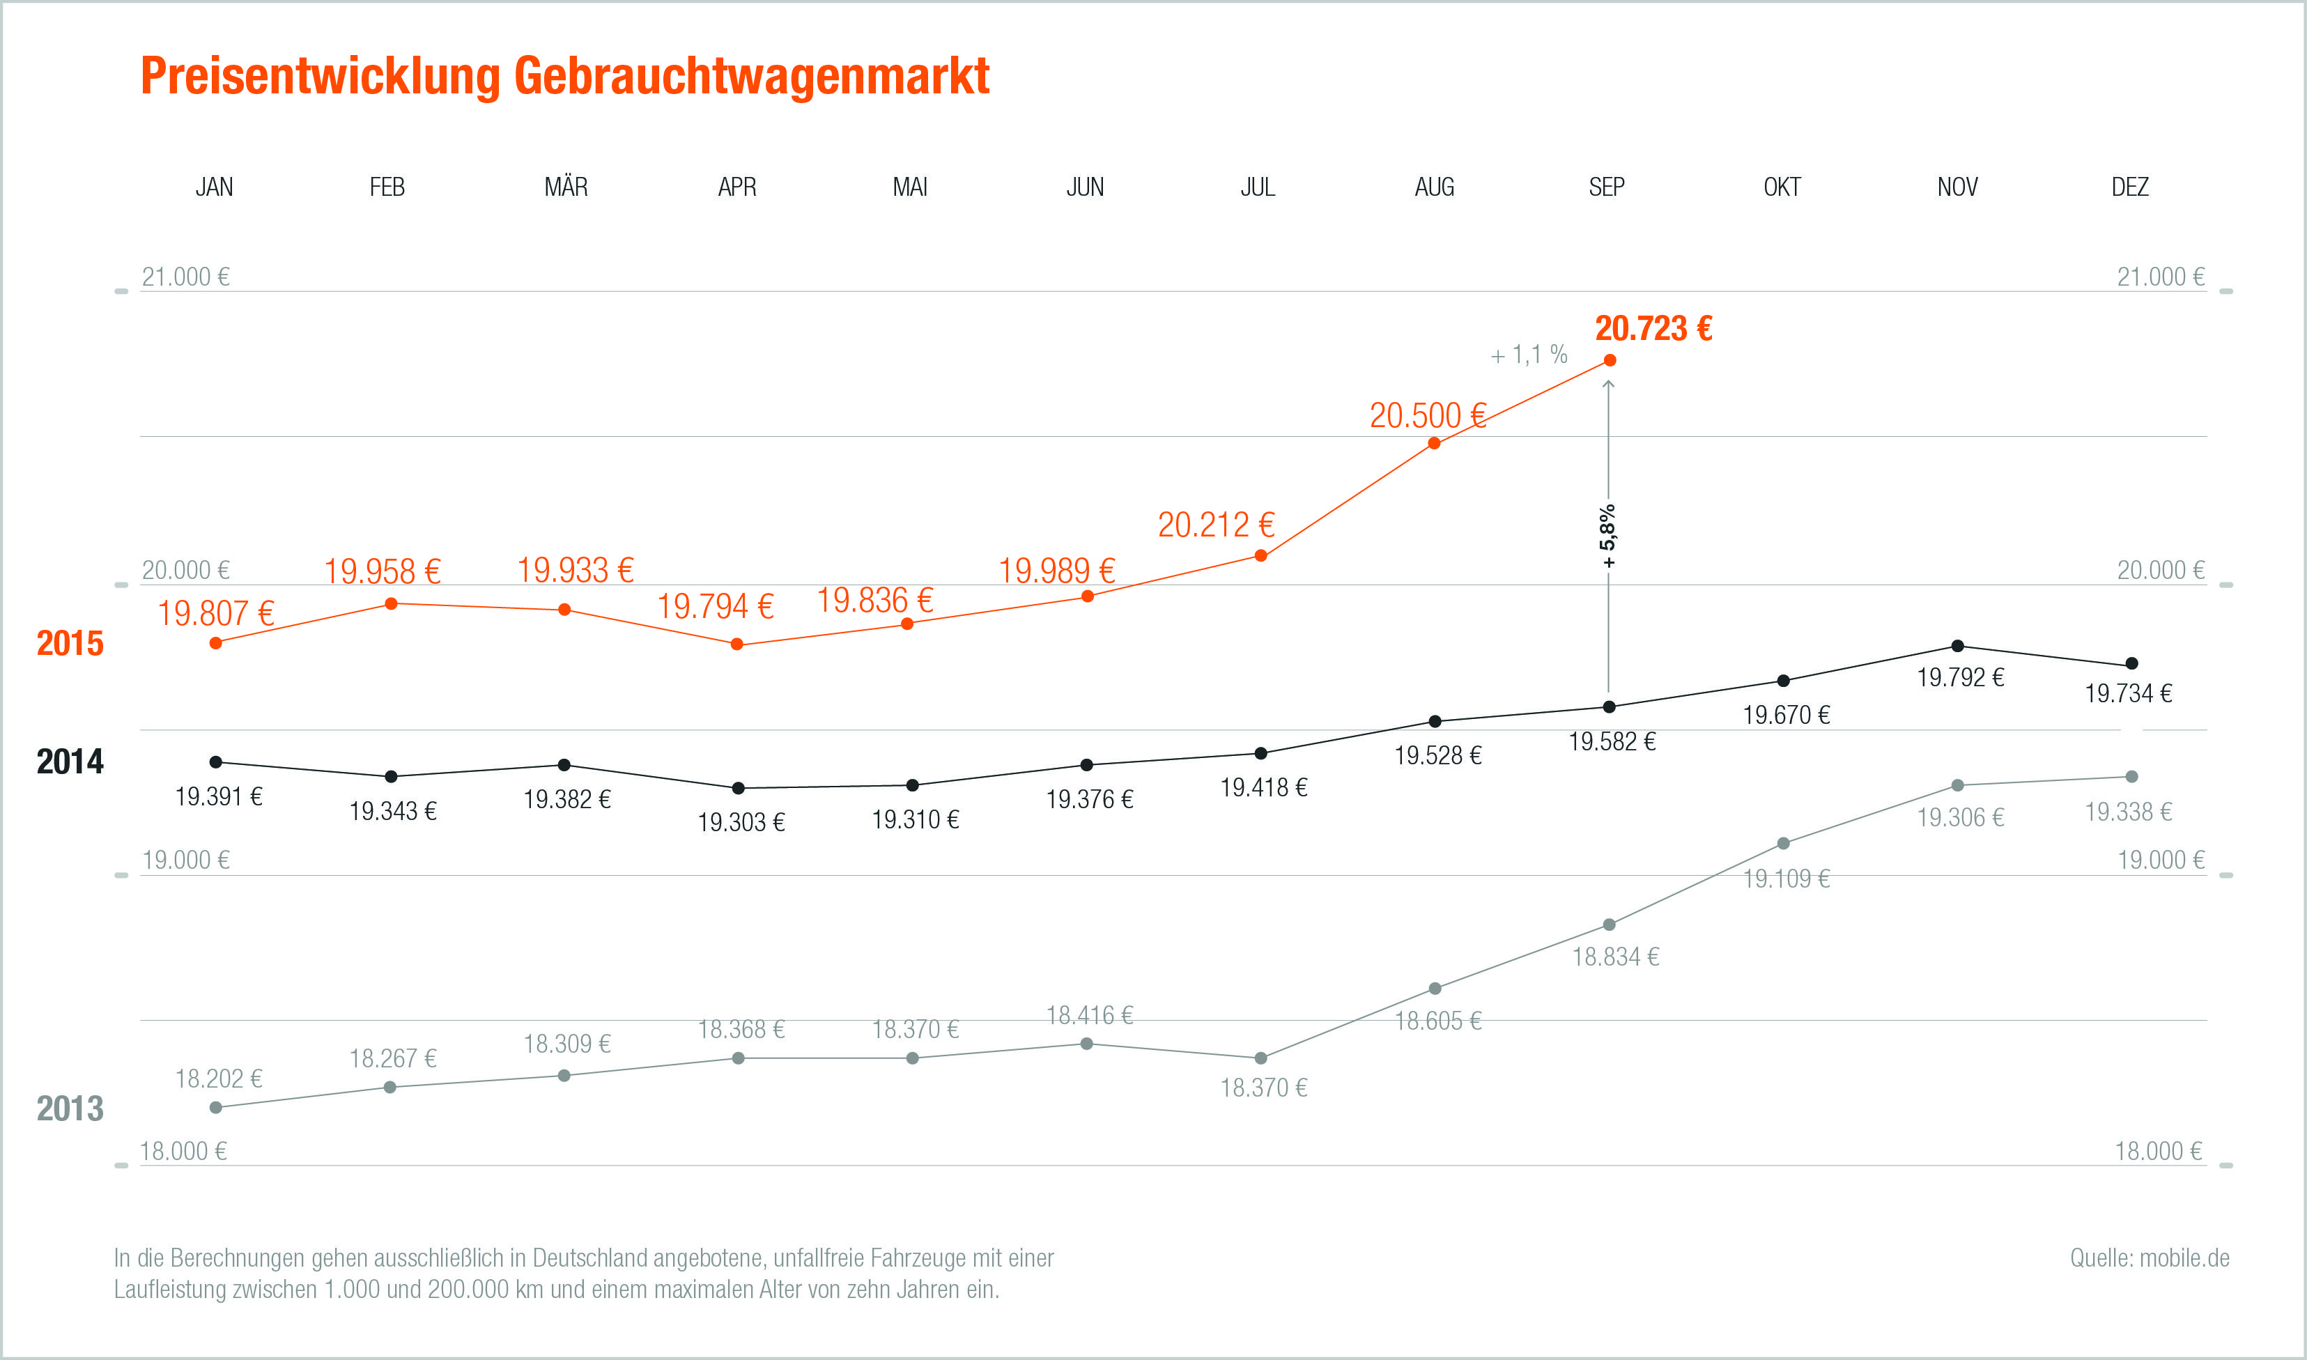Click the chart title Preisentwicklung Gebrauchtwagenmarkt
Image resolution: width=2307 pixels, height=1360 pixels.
[x=564, y=75]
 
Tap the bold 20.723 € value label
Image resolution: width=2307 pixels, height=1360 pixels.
[x=1653, y=328]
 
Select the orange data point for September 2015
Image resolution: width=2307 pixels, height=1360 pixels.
[x=1610, y=360]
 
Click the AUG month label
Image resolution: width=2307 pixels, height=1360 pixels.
[x=1434, y=187]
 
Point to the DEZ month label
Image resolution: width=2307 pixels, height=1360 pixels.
[x=2130, y=187]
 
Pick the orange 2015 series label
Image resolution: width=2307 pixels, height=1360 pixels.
[x=70, y=643]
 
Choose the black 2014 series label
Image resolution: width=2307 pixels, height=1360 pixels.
[x=70, y=762]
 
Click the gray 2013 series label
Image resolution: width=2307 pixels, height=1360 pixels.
[x=70, y=1109]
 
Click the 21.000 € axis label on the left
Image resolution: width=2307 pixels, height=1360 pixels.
[x=185, y=277]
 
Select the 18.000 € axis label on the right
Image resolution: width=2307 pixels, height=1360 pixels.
[x=2158, y=1151]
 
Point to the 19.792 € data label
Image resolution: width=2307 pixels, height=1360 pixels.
[x=1961, y=677]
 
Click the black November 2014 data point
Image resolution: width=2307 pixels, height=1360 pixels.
[x=1958, y=646]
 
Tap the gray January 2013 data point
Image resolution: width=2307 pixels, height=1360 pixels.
[x=216, y=1108]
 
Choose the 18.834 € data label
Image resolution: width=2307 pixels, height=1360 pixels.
[x=1615, y=957]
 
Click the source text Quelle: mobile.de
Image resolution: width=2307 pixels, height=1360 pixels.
[x=2150, y=1258]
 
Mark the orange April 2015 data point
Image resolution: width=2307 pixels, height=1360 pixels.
[x=736, y=644]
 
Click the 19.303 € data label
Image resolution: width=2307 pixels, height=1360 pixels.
[x=741, y=822]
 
